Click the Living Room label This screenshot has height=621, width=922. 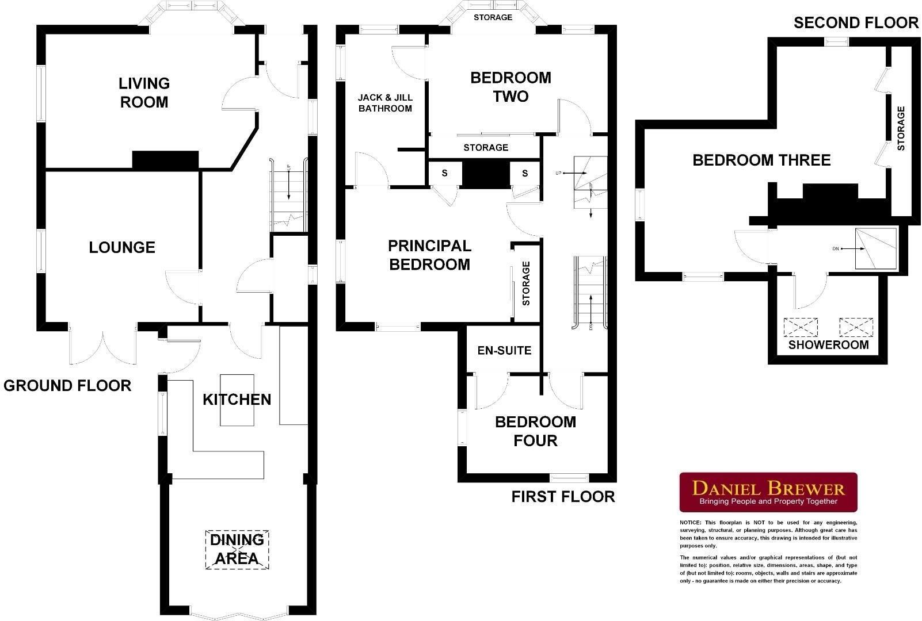[144, 93]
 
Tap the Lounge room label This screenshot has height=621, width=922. [122, 247]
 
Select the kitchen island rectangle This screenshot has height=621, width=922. [237, 400]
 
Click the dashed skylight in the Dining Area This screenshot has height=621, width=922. [238, 550]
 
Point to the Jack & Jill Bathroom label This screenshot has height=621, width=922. [385, 103]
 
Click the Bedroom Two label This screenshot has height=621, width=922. [510, 87]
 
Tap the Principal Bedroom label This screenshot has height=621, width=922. [429, 255]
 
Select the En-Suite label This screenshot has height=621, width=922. [504, 351]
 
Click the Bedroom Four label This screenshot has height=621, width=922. [535, 431]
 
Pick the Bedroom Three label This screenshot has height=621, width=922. [761, 160]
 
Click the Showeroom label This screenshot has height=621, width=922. [828, 345]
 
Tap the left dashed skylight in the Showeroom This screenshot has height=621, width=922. [801, 328]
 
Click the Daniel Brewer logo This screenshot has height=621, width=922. [768, 492]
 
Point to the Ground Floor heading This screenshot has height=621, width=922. [67, 385]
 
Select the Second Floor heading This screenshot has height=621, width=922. [856, 22]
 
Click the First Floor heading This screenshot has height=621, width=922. [563, 496]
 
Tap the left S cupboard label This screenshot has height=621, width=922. [444, 173]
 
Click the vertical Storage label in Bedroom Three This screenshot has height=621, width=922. [901, 129]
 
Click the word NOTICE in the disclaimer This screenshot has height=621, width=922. [691, 523]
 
